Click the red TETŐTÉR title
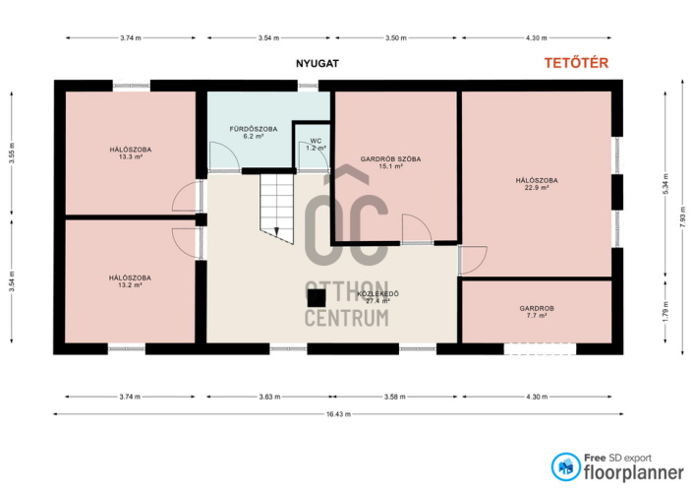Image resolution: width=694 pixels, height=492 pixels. (576, 63)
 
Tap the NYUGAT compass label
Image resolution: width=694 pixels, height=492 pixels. (318, 63)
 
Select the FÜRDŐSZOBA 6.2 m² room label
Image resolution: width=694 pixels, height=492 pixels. (254, 133)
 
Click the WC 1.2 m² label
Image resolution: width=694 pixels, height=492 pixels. (316, 145)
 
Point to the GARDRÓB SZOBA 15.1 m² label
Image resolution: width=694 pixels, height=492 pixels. (390, 162)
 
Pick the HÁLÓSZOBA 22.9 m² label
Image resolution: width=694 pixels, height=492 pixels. (537, 184)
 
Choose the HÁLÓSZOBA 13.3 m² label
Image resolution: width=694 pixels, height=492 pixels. (131, 153)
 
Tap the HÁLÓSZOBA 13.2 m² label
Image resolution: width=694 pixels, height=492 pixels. (130, 281)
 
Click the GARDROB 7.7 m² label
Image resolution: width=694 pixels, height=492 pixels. (537, 312)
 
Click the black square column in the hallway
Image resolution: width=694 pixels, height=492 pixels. (317, 298)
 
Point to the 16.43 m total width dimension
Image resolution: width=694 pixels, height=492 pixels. (338, 414)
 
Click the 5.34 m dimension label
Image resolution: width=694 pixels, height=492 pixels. (665, 184)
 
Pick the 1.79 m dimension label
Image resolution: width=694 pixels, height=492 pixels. (665, 312)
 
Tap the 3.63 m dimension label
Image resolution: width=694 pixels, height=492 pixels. (269, 397)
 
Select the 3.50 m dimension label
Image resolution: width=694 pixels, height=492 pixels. (396, 38)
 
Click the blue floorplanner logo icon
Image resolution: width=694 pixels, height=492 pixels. (565, 466)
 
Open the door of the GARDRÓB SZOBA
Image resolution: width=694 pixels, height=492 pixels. (417, 229)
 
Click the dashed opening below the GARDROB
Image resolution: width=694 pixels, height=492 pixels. (540, 349)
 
